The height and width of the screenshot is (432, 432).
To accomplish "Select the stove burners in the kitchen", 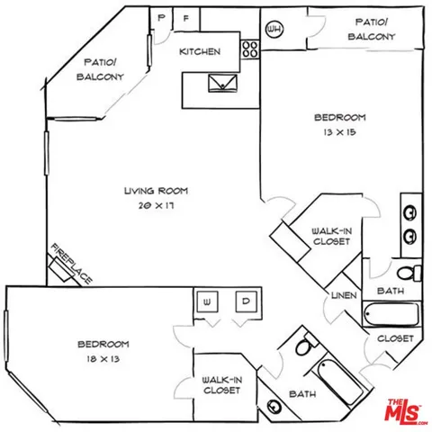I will [x=249, y=49].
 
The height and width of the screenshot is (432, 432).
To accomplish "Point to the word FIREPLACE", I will [x=72, y=265].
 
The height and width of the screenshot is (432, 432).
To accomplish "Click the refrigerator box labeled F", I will [x=187, y=18].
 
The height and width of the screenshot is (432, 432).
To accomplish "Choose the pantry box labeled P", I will [x=162, y=18].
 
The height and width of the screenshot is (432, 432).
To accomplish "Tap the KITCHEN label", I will [x=200, y=51].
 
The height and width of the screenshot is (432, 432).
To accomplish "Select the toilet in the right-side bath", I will [x=407, y=271].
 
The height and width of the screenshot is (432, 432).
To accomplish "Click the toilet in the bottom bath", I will [x=304, y=345].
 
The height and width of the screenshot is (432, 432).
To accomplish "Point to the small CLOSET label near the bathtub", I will [x=394, y=338].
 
